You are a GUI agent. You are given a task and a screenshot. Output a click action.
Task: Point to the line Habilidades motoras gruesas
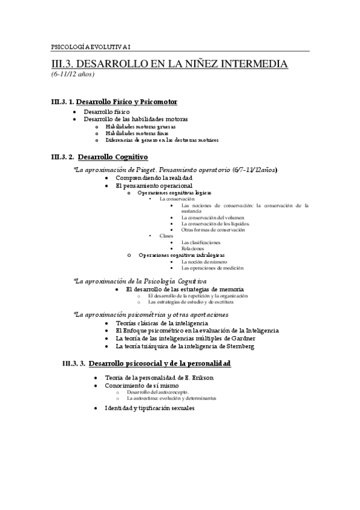tap(136, 126)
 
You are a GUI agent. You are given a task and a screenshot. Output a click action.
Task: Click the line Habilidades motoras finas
tap(132, 133)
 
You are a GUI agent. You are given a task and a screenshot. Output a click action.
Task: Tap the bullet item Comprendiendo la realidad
tap(154, 179)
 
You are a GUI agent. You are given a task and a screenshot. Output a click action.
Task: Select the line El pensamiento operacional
tap(154, 186)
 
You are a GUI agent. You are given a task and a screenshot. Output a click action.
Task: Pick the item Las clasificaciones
tap(200, 242)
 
